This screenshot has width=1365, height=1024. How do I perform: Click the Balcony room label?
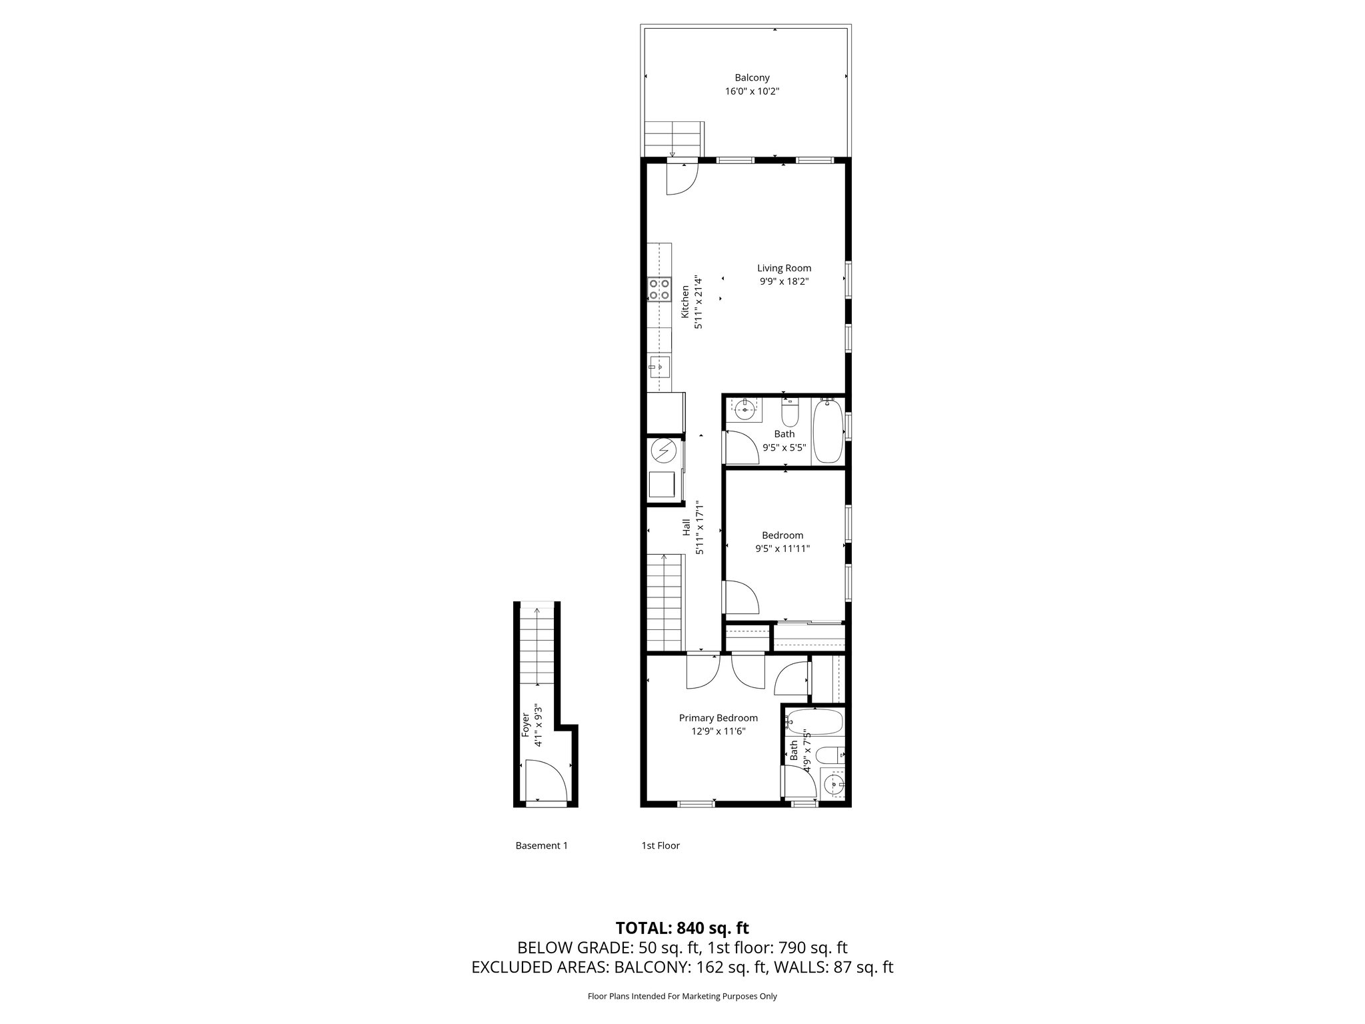tap(752, 78)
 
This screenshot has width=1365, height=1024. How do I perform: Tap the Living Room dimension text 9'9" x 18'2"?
tap(784, 282)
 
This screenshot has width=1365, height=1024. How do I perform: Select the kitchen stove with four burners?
tap(193, 289)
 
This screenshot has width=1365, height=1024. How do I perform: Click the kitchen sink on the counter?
tap(192, 365)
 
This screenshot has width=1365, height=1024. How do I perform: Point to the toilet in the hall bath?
tap(790, 414)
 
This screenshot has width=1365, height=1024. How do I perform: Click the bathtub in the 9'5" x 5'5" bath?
tap(827, 430)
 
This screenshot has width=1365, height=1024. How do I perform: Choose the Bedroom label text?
tap(782, 535)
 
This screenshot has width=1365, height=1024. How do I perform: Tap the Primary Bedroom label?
tap(718, 718)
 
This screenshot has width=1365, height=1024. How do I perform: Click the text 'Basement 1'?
tap(541, 845)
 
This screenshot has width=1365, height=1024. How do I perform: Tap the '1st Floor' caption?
tap(660, 845)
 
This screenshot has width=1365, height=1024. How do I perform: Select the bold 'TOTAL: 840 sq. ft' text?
tap(682, 928)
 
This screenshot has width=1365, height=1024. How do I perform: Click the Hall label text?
tap(686, 529)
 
